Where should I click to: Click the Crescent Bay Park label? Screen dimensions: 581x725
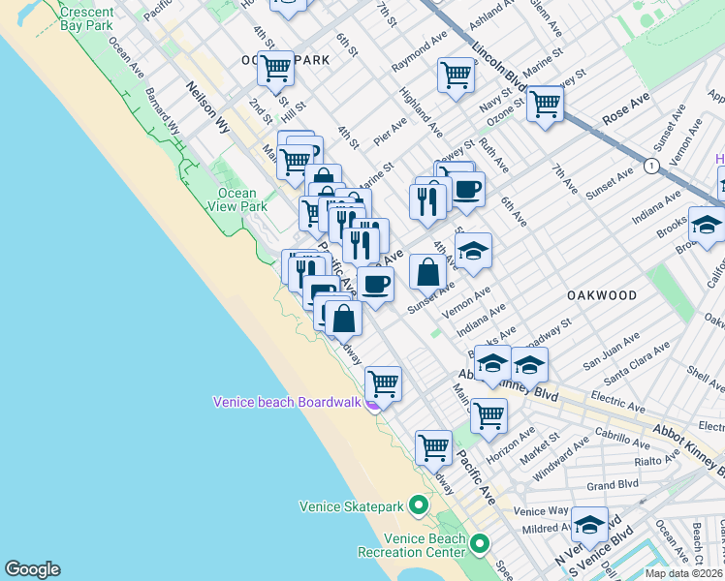(85, 19)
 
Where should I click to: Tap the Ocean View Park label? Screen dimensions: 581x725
(236, 199)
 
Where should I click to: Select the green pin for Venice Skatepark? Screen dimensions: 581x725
(418, 505)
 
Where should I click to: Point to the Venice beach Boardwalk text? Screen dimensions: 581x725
(287, 402)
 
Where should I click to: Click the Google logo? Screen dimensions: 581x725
(32, 569)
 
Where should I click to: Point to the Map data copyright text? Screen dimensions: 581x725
(683, 573)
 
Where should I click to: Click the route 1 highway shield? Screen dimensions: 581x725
(651, 167)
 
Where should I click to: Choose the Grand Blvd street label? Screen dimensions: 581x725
(612, 484)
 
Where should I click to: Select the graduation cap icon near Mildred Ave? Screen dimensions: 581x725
(589, 524)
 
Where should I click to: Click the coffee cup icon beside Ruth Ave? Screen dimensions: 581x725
(466, 188)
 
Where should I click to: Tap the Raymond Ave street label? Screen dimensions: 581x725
(419, 56)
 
